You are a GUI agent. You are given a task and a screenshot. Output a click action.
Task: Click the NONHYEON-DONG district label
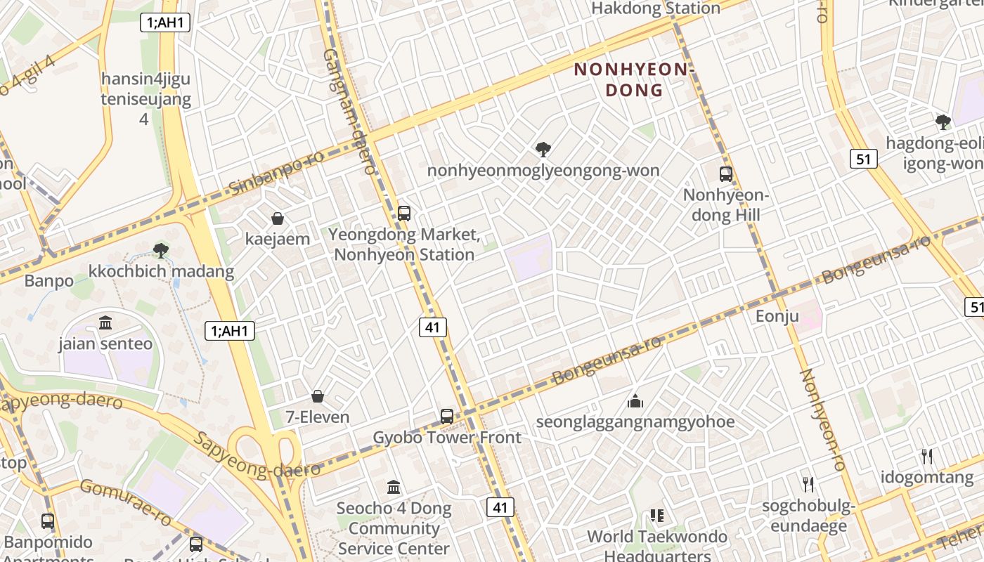click(634, 79)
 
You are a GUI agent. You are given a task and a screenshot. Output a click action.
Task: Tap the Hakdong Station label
click(655, 8)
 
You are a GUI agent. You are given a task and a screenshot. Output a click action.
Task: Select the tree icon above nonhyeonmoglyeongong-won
click(543, 149)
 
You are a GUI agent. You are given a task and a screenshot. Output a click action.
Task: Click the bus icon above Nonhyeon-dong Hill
click(725, 174)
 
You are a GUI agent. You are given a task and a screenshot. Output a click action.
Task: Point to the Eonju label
click(777, 316)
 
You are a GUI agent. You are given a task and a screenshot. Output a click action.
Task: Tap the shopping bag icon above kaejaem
click(278, 218)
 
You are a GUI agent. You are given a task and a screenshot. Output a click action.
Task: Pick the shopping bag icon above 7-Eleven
click(318, 397)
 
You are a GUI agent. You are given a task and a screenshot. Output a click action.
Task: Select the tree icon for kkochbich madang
click(161, 250)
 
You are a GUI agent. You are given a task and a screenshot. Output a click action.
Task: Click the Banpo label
click(48, 281)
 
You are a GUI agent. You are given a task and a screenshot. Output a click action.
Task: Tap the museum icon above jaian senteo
click(105, 323)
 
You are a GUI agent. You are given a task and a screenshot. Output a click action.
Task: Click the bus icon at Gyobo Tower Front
click(447, 416)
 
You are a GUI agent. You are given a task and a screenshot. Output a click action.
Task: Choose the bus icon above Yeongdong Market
click(403, 213)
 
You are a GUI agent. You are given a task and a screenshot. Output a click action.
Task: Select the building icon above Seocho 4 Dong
click(394, 487)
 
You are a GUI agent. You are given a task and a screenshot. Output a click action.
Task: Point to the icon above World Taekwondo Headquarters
click(657, 516)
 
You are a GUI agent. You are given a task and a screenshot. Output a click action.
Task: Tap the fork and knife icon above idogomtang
click(927, 457)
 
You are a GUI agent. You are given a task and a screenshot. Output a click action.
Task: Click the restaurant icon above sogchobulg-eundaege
click(808, 484)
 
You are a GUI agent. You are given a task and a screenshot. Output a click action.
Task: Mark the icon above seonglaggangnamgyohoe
click(635, 401)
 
